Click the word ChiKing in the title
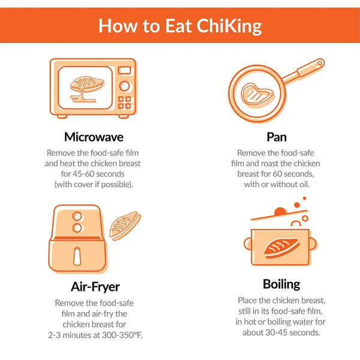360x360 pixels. click(x=229, y=26)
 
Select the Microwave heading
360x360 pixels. click(x=94, y=137)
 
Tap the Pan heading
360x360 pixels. click(x=277, y=137)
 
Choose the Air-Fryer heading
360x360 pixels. click(x=95, y=287)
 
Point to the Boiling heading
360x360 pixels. click(x=281, y=284)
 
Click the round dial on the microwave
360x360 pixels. click(x=124, y=86)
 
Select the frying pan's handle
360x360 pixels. click(x=303, y=71)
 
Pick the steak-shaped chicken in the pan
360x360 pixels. click(x=257, y=95)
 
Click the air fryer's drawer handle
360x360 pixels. click(x=77, y=256)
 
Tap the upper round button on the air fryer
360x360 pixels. click(x=77, y=216)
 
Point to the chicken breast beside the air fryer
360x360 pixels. click(x=125, y=226)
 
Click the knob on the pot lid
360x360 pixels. click(x=280, y=211)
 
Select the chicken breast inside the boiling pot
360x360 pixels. click(x=281, y=248)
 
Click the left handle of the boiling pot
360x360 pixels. click(x=248, y=244)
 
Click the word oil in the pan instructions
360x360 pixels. click(x=304, y=184)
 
